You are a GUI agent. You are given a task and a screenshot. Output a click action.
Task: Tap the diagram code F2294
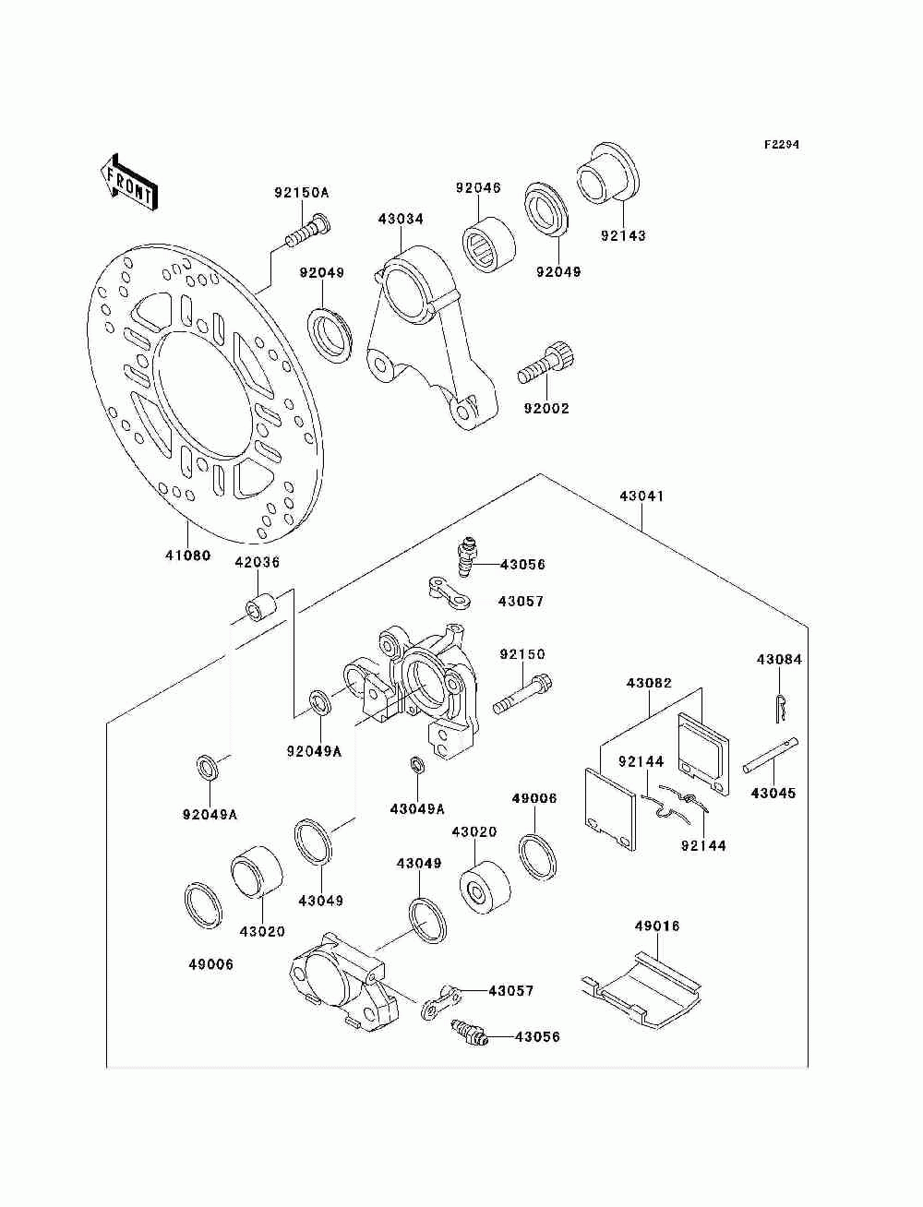[x=781, y=145]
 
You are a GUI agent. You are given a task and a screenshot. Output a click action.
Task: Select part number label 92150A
[x=302, y=193]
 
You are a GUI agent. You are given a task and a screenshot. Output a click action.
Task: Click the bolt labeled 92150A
[x=308, y=231]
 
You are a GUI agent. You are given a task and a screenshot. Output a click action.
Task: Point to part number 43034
[x=401, y=219]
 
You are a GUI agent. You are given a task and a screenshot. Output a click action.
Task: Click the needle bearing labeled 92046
[x=488, y=245]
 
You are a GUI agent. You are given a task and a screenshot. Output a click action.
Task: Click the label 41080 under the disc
[x=188, y=556]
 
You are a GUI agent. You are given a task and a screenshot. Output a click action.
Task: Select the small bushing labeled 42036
[x=262, y=607]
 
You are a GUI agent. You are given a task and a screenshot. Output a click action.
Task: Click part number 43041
[x=641, y=496]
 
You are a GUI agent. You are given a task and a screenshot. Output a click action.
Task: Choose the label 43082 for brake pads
[x=650, y=683]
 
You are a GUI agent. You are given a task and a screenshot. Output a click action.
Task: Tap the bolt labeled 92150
[x=523, y=694]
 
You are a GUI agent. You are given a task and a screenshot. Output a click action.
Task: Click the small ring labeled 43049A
[x=418, y=765]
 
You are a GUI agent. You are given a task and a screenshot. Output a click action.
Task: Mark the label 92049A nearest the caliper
[x=314, y=751]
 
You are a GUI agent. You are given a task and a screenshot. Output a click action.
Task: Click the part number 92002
[x=546, y=409]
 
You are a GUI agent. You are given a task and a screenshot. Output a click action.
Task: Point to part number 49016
[x=657, y=926]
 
